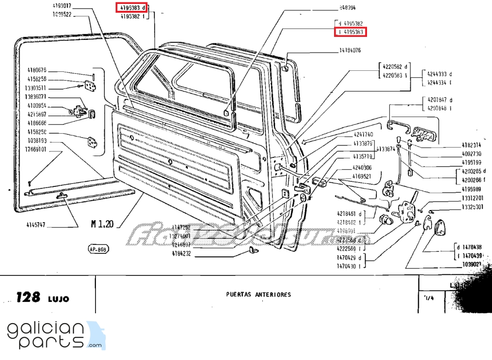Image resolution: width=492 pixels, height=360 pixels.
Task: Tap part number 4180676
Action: click(36, 70)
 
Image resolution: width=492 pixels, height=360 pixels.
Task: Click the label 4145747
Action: click(36, 225)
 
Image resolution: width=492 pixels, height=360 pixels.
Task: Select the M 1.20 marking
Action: click(102, 224)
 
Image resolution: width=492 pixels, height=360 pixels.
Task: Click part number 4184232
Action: click(181, 254)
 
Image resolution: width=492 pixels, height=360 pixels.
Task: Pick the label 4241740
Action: click(363, 134)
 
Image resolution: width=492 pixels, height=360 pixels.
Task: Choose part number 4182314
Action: click(471, 146)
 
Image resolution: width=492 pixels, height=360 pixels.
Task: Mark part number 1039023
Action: click(473, 264)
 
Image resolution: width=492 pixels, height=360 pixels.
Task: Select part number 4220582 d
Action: click(395, 67)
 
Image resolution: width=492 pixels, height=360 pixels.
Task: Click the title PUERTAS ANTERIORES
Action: click(258, 295)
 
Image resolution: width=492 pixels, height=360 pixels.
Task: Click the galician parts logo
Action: click(54, 335)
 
